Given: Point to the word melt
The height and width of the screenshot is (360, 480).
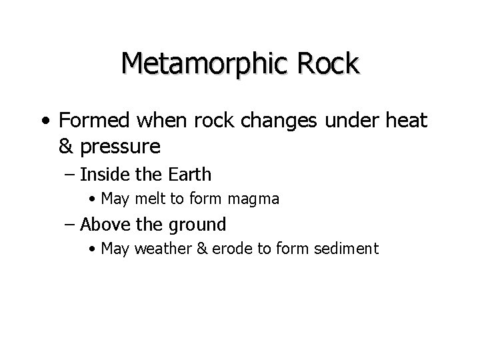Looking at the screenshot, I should [149, 199].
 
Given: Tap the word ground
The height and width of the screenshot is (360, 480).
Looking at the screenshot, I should [200, 225].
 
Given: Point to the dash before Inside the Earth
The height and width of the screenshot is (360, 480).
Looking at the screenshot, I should [70, 175].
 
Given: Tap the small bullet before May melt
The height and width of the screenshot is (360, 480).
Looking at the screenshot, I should [92, 199].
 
